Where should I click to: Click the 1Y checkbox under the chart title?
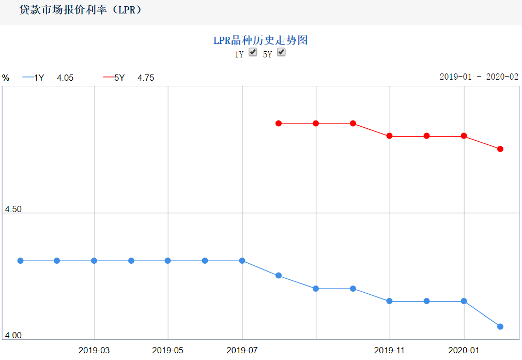tap(253, 52)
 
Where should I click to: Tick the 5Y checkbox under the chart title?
tap(281, 52)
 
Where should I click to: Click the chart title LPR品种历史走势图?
tap(260, 40)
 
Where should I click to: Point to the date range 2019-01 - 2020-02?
tap(479, 77)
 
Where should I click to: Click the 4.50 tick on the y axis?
tap(13, 209)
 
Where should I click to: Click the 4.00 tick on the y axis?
tap(13, 336)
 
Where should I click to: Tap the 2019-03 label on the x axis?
tap(94, 350)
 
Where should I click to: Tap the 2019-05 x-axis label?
tap(168, 350)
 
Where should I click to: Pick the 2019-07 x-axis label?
tap(242, 350)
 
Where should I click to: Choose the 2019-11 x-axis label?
tap(390, 350)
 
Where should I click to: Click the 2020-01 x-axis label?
tap(464, 350)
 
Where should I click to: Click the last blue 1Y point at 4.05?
tap(500, 326)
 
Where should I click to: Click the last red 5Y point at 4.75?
tap(500, 149)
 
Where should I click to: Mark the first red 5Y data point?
tap(279, 124)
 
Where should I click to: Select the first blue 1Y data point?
tap(21, 261)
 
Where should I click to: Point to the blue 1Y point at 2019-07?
tap(242, 261)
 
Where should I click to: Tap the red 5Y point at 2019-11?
tap(390, 136)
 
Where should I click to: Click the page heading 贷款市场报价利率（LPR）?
tap(81, 10)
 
